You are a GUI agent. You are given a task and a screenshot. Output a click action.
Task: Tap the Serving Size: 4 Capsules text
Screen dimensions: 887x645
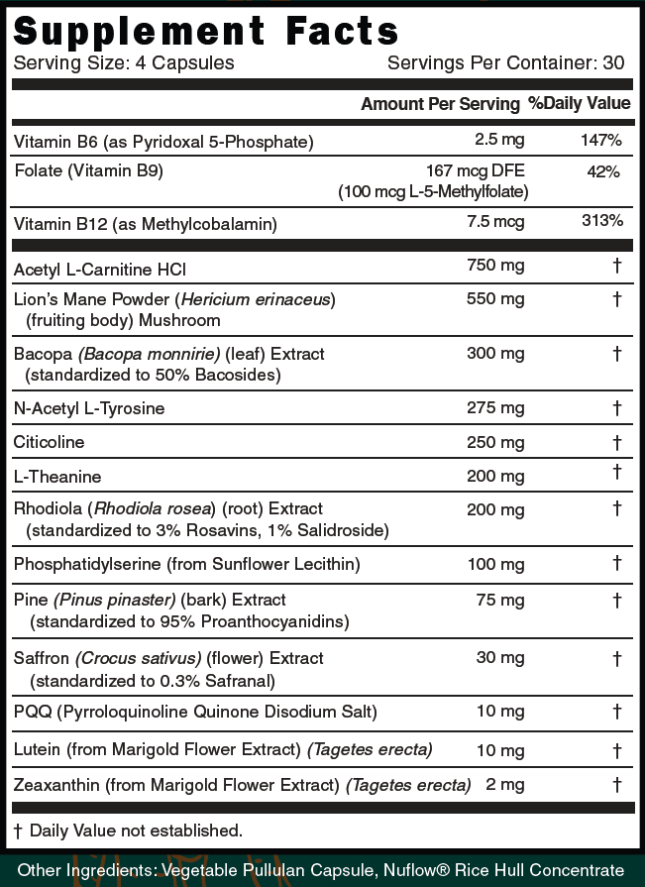point(124,63)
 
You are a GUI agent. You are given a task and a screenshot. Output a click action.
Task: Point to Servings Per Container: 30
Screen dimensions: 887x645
point(505,63)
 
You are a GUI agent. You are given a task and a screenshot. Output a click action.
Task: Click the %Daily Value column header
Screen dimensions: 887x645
point(579,103)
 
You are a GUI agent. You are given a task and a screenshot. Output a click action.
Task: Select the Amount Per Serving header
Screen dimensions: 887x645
point(440,104)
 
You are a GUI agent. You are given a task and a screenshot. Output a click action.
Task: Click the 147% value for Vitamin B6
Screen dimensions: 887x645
point(601,141)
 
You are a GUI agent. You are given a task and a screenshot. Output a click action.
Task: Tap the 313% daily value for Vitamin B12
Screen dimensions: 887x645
point(601,221)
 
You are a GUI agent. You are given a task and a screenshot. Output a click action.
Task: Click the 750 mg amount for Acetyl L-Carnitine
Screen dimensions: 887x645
point(495,265)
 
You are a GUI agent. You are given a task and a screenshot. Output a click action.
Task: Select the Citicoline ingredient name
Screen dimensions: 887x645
point(50,442)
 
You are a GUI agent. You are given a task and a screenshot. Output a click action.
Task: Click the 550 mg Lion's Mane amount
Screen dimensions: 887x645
point(495,298)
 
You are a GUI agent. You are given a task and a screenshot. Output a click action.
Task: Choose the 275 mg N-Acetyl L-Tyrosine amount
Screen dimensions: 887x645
point(495,407)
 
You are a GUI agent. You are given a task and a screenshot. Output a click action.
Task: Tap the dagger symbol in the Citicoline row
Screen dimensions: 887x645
point(616,442)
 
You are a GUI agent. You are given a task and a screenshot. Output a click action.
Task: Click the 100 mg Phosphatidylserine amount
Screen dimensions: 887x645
point(495,564)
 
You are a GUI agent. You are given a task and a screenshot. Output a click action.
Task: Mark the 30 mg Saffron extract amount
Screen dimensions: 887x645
point(499,658)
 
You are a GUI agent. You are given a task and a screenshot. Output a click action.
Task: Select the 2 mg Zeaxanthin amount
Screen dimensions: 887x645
point(503,785)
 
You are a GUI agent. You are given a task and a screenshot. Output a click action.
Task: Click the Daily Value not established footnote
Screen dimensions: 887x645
point(128,830)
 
